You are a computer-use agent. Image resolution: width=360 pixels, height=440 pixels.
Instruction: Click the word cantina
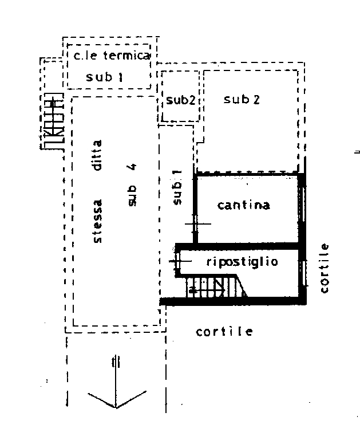[244, 205]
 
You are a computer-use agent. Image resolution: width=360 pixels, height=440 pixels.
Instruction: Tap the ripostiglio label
[242, 262]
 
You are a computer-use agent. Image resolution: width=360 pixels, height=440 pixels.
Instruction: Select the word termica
[126, 55]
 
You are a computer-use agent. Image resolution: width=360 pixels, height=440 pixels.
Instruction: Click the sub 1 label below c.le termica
[104, 77]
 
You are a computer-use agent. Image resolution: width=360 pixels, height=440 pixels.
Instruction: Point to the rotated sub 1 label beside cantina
[177, 187]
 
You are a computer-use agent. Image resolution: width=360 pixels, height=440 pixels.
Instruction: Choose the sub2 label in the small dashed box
[180, 100]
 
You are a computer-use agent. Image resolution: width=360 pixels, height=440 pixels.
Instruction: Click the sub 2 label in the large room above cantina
[242, 99]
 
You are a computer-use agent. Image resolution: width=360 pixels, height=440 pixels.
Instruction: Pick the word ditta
[97, 155]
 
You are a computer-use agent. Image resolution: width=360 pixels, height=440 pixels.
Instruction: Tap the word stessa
[97, 221]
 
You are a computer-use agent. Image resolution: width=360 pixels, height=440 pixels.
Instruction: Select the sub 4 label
[132, 184]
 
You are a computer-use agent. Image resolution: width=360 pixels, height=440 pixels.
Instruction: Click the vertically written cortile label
[324, 268]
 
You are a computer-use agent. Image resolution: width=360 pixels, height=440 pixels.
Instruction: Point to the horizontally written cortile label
[224, 332]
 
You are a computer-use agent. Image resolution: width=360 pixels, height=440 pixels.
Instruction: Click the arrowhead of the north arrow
[116, 407]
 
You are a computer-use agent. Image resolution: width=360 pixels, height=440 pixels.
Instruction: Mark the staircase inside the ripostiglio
[216, 286]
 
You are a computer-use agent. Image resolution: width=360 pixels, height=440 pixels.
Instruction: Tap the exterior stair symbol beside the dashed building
[52, 121]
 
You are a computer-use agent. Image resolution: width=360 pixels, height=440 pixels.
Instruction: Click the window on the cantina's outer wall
[302, 204]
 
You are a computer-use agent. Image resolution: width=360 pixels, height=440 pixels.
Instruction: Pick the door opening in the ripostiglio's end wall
[178, 261]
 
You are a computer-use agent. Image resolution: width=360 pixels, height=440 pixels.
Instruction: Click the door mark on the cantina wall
[195, 223]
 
